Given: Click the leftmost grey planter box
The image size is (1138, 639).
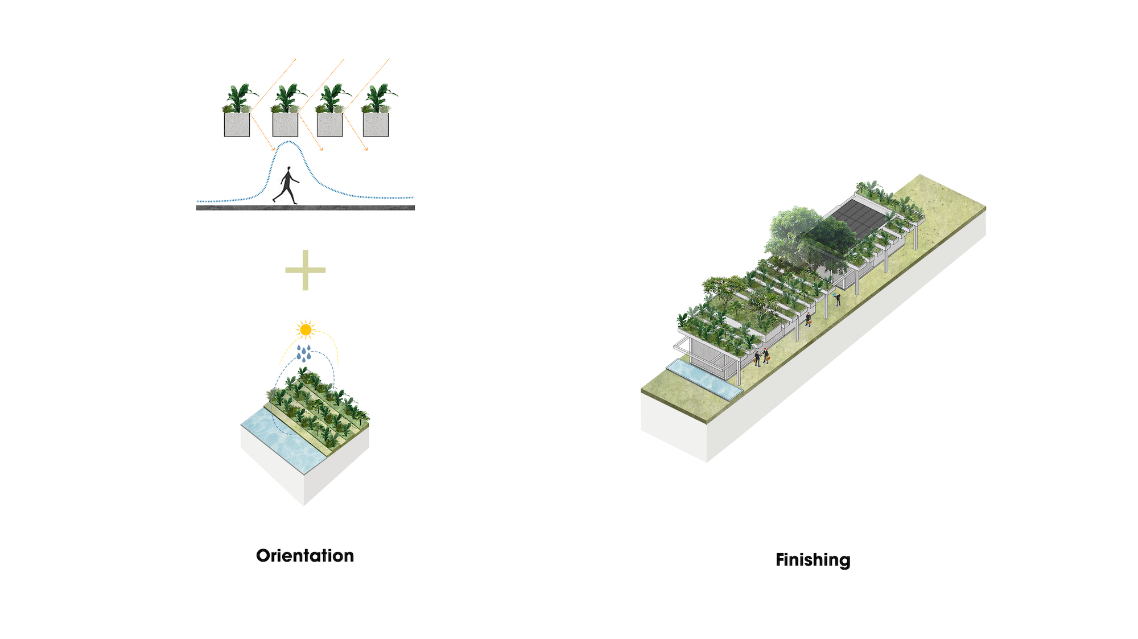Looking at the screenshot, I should tap(237, 125).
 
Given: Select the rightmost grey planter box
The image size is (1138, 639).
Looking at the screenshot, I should tap(376, 125).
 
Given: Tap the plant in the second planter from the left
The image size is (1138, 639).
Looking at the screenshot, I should tap(286, 98).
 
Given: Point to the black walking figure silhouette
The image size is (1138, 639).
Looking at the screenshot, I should tap(286, 185).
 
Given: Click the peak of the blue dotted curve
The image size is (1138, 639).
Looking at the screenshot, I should tap(290, 142).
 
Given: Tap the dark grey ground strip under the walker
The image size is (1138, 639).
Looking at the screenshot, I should tap(305, 208).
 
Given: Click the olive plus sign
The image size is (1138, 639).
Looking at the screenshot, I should tap(306, 270).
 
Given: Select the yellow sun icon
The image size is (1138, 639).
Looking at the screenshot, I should tap(306, 329).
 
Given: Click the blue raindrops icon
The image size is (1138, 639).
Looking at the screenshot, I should tap(304, 353).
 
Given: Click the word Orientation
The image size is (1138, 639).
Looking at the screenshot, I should tap(305, 555).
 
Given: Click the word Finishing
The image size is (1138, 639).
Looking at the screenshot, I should tap(813, 560).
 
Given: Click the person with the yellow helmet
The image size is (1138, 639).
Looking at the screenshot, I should tap(838, 298).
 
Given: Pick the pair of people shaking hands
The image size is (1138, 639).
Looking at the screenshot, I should tap(761, 357).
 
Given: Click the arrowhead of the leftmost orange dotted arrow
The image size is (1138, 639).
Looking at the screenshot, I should tap(273, 150).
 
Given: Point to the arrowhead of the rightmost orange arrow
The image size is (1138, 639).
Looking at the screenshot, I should tap(367, 150).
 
